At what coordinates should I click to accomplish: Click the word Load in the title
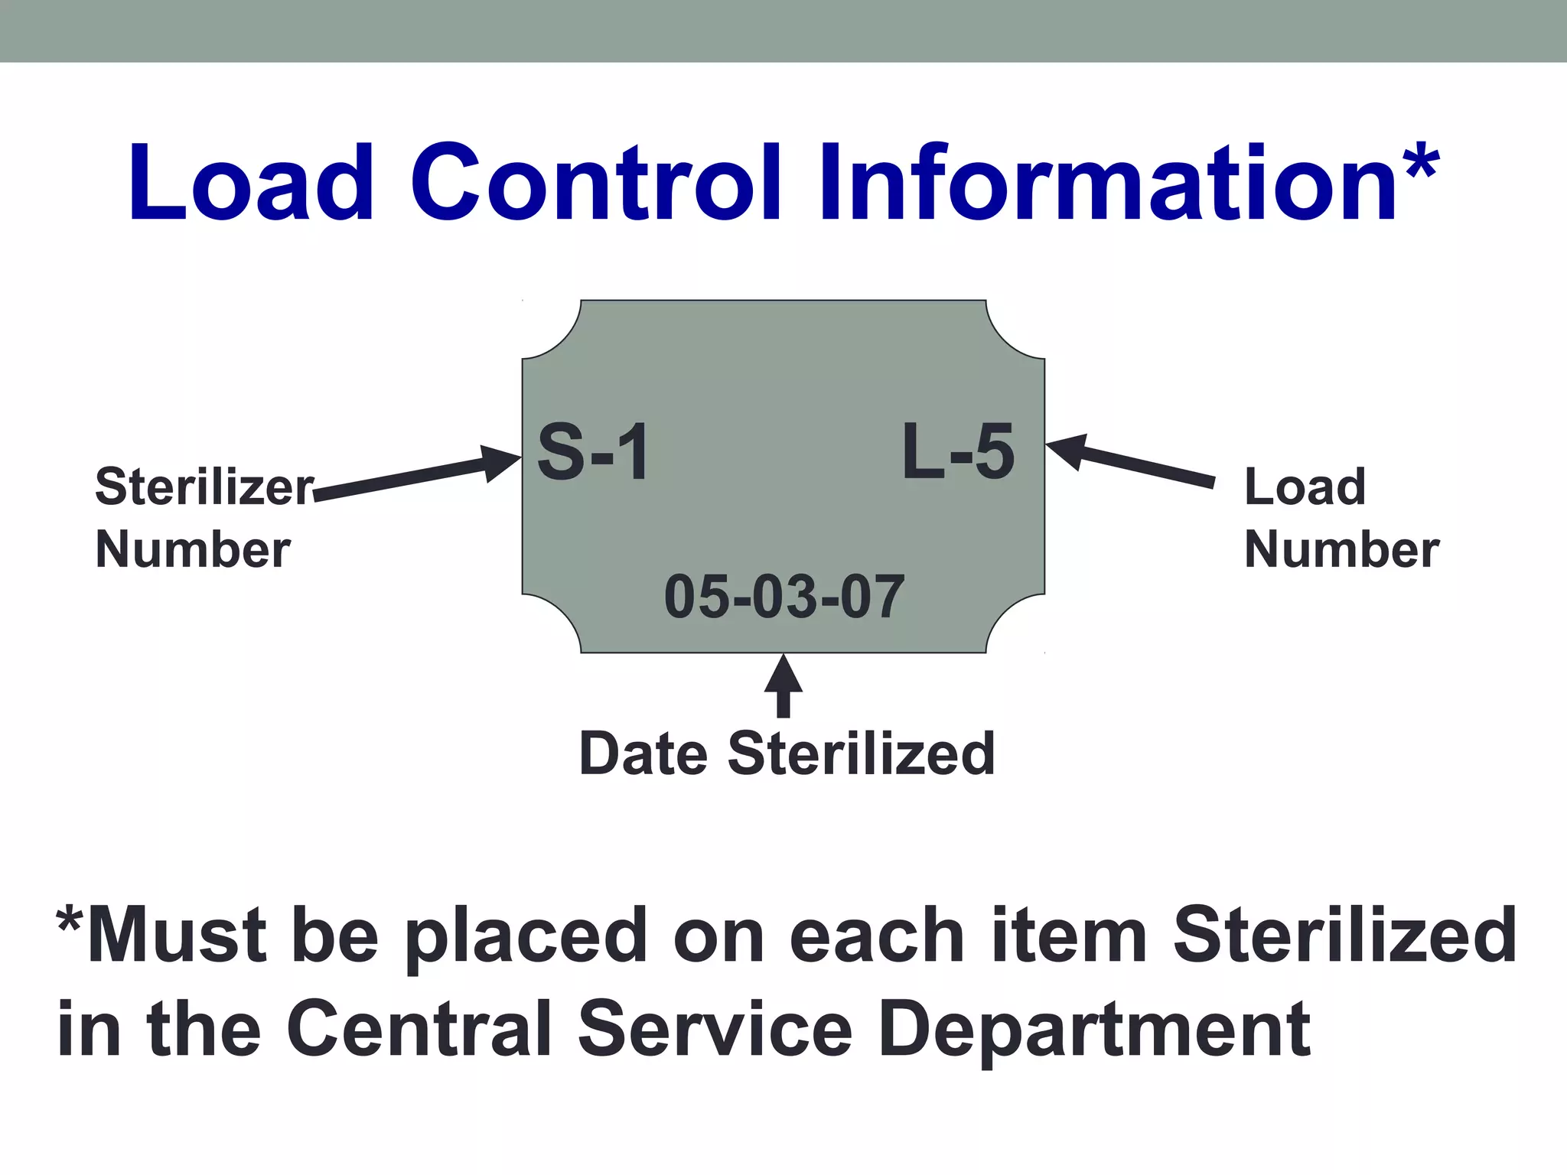tap(251, 184)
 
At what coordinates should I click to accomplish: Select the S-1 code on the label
tap(593, 453)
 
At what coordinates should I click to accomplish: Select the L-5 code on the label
tap(958, 453)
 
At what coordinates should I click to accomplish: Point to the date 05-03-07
tap(783, 597)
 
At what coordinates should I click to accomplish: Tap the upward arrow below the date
tap(783, 685)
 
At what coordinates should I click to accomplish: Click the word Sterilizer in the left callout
tap(204, 487)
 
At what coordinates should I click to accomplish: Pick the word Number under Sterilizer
tap(193, 550)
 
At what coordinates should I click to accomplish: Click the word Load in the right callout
tap(1305, 487)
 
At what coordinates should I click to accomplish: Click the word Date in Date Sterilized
tap(643, 754)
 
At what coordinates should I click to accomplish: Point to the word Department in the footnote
tap(1095, 1031)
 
